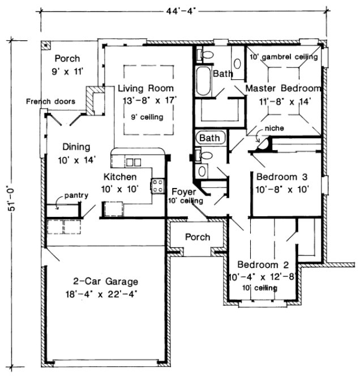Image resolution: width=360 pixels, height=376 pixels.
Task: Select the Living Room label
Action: (145, 89)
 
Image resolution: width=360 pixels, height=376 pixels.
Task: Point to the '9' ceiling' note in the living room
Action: (146, 117)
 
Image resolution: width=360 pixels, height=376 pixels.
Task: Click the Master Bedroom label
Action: (283, 89)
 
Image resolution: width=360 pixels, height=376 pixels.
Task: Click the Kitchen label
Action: (118, 177)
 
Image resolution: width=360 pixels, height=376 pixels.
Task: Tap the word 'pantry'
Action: (75, 196)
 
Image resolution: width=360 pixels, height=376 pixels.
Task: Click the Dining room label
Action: (76, 146)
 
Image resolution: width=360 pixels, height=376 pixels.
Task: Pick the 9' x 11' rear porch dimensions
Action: (67, 71)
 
